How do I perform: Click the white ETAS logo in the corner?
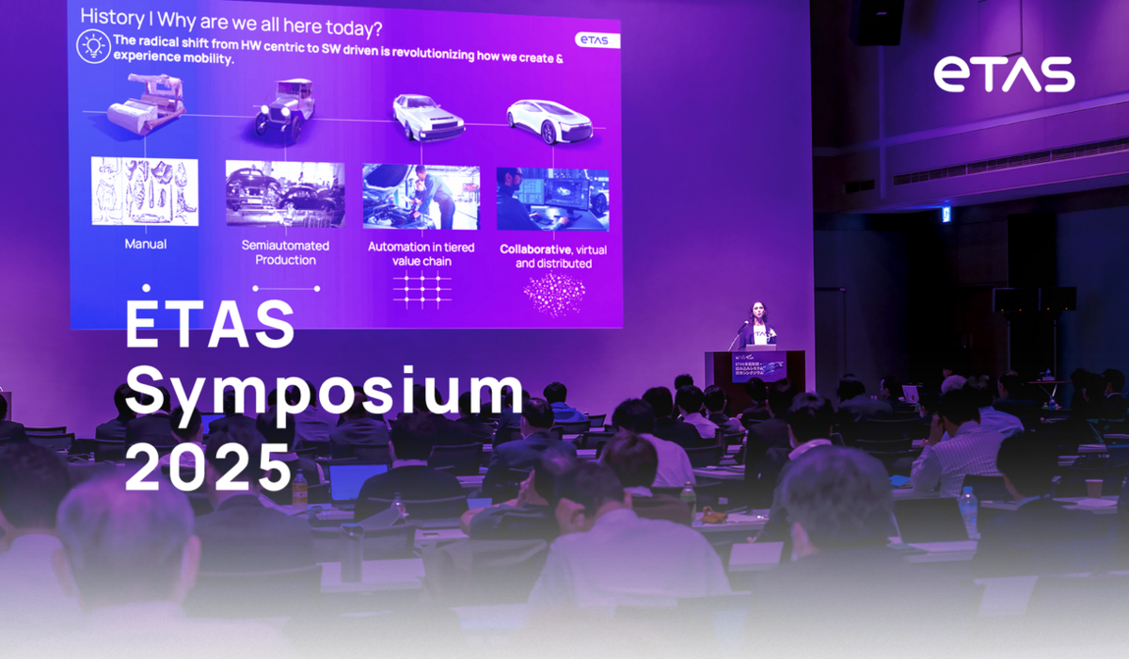click(1004, 74)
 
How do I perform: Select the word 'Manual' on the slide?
click(146, 244)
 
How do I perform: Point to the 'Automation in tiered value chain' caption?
click(421, 254)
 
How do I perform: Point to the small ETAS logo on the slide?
click(592, 40)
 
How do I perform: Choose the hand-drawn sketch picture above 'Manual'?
click(145, 192)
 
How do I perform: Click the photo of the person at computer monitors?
click(552, 199)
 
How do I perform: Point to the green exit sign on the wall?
click(946, 214)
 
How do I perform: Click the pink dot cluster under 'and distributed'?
click(553, 295)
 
